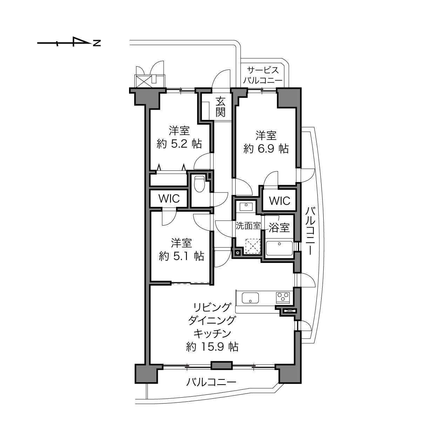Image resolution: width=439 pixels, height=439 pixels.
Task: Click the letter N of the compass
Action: click(x=97, y=43)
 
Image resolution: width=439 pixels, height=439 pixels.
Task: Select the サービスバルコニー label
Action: click(x=263, y=75)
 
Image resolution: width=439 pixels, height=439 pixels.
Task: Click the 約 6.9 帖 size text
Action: click(x=266, y=149)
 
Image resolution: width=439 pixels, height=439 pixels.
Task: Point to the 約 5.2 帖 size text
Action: click(x=179, y=144)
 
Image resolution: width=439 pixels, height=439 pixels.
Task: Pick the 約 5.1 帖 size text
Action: click(x=181, y=257)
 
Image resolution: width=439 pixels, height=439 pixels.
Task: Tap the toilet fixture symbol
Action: click(x=200, y=184)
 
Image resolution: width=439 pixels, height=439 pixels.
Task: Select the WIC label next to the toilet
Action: click(x=169, y=199)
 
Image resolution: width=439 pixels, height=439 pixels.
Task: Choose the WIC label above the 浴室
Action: click(x=279, y=201)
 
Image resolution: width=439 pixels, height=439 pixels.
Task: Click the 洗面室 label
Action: click(x=248, y=225)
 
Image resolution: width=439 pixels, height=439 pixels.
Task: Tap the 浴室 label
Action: click(x=279, y=227)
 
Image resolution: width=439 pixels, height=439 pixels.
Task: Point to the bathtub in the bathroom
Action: click(x=279, y=248)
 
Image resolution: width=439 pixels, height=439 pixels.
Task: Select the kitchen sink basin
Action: click(x=250, y=298)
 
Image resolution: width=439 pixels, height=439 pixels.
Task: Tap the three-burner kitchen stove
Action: click(x=283, y=298)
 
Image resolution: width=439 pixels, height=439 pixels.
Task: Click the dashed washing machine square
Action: click(x=252, y=246)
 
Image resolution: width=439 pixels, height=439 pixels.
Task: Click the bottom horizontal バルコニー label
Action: click(x=211, y=382)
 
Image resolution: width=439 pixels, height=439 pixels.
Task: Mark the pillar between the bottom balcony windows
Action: click(x=222, y=365)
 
